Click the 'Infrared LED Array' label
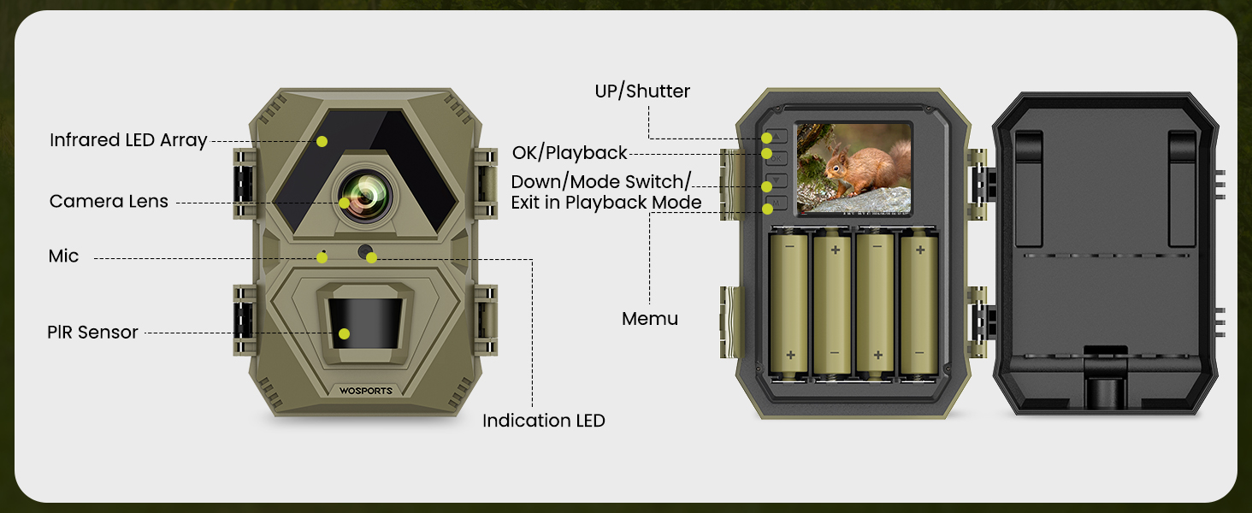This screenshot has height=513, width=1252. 128,140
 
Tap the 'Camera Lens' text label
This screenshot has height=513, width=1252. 109,202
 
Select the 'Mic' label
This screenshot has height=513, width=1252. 63,256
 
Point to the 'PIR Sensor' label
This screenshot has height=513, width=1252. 92,333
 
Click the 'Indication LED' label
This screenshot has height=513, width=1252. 543,421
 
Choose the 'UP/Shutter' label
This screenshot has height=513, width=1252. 642,91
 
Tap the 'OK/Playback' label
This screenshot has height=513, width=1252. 570,154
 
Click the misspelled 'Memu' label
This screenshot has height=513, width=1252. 650,319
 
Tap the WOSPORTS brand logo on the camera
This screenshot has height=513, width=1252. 365,391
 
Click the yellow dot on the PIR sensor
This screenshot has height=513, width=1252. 344,334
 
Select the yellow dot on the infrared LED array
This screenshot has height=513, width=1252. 322,141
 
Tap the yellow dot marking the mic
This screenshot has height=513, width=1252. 322,257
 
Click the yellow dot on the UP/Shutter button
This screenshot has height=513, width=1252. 767,139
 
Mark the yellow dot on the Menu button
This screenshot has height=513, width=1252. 767,208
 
